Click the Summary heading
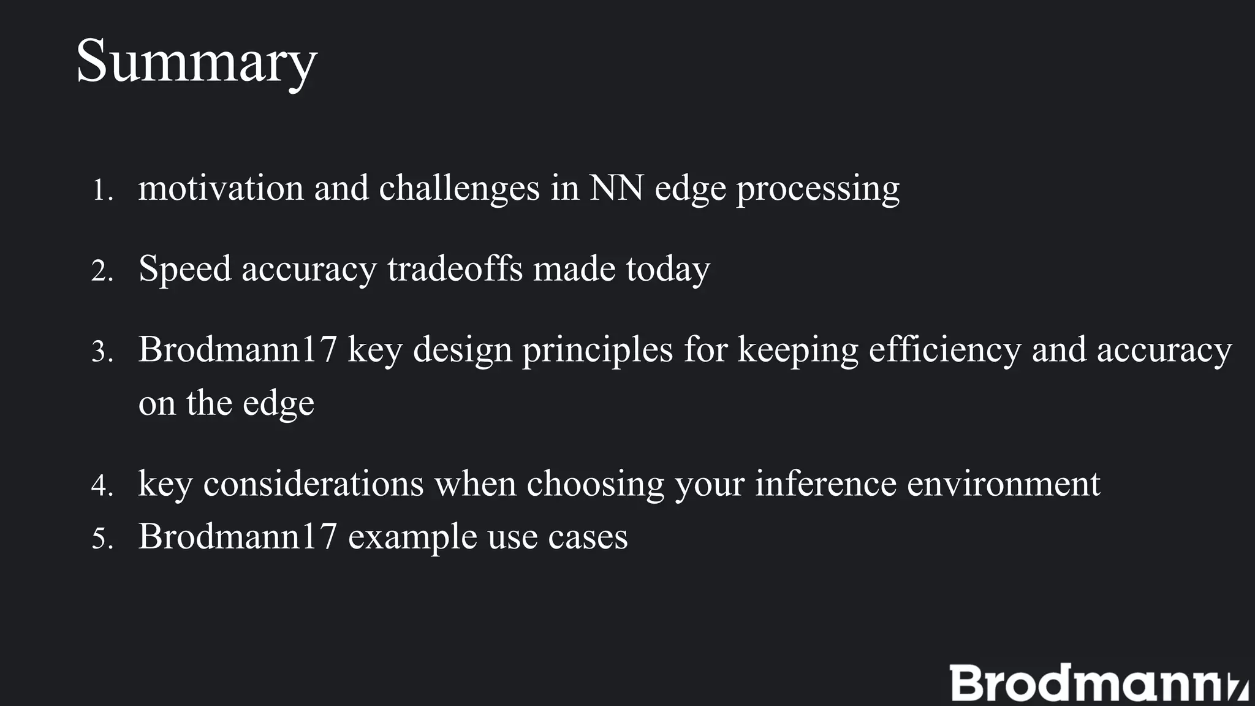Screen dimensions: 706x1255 (x=196, y=61)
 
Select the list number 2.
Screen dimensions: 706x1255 (x=102, y=271)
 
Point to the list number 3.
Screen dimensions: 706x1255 (x=102, y=352)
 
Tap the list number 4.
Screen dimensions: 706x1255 (x=102, y=486)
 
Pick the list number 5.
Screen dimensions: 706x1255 (x=102, y=539)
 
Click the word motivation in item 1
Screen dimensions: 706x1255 (x=221, y=188)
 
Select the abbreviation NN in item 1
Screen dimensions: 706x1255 (x=616, y=188)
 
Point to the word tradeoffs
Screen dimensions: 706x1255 (x=455, y=268)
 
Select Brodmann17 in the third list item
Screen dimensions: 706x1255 (x=238, y=349)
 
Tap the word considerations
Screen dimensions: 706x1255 (x=313, y=484)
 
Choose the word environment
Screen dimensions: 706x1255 (x=1003, y=484)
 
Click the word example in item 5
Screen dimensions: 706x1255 (x=412, y=537)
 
